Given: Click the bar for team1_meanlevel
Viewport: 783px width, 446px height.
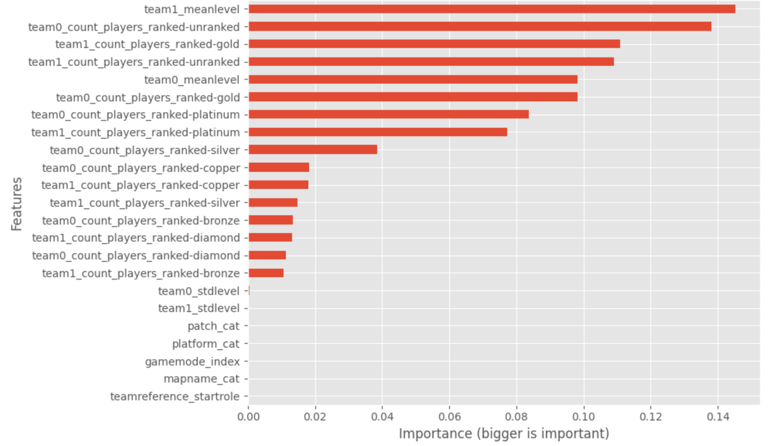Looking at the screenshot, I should click(491, 9).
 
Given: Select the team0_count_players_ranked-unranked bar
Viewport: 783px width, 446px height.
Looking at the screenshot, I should click(480, 26).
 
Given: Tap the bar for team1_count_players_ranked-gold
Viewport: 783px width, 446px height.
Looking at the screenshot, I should click(434, 44).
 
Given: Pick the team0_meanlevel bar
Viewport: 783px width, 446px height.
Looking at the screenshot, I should click(413, 79).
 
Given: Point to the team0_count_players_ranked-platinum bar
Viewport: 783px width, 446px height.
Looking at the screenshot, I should click(388, 114).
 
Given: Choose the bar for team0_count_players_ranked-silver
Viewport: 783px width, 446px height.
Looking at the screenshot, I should click(313, 149).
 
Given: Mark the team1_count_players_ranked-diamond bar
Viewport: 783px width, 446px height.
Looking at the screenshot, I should click(270, 237).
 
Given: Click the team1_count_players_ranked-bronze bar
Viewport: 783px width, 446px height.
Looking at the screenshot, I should click(266, 273).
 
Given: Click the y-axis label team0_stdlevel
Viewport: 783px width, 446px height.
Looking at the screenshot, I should click(199, 291).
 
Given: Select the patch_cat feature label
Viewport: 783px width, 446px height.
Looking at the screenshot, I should click(214, 326).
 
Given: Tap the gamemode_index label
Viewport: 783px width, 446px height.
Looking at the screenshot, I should click(192, 362).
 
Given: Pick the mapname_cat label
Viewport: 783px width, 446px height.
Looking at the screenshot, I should click(202, 379).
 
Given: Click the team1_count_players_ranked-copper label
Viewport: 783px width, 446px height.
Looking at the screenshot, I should click(140, 185).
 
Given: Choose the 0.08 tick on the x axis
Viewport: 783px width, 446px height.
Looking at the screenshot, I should click(516, 417).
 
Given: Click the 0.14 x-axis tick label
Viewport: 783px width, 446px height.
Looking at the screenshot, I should click(718, 417).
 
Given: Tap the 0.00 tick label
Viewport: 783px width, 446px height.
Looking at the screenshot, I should click(248, 417).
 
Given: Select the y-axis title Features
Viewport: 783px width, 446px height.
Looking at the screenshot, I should click(17, 204).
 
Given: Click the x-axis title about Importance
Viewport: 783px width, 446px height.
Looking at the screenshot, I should click(504, 434).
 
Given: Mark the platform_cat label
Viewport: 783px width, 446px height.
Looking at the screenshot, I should click(206, 344).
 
